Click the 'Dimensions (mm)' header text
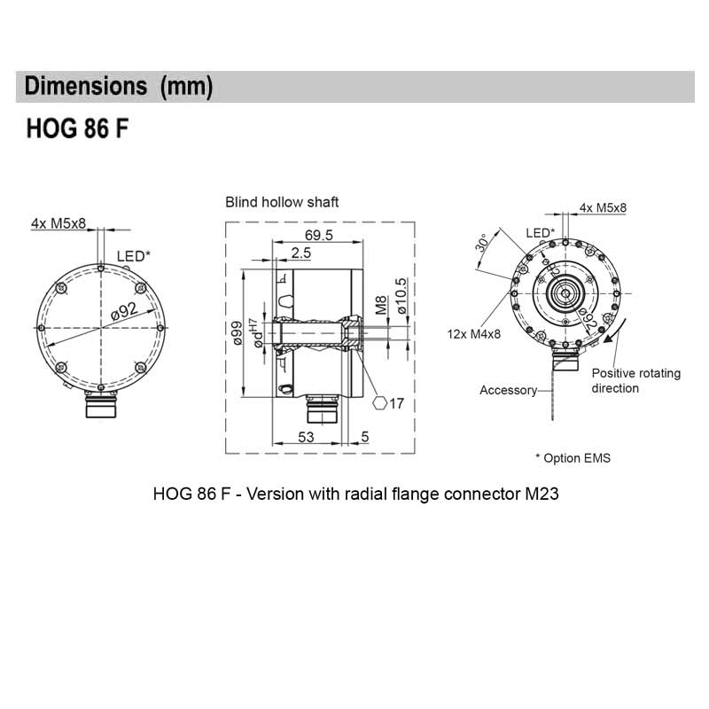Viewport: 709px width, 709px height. (x=119, y=87)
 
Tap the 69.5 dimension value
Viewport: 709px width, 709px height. (x=318, y=236)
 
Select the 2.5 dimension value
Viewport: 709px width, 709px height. (x=300, y=254)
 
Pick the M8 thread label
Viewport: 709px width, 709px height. (x=381, y=307)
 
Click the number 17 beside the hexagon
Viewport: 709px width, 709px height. (x=396, y=403)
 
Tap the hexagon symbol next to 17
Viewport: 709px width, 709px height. (x=379, y=403)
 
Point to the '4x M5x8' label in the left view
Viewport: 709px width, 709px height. (x=58, y=223)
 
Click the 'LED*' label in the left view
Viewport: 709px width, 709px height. (x=134, y=257)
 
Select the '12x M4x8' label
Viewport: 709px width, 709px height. (x=475, y=334)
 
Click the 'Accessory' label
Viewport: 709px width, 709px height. (x=508, y=390)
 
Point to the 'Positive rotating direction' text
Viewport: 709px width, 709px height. (x=635, y=380)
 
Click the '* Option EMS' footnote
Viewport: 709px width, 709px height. (x=573, y=458)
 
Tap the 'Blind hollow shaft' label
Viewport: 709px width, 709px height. (x=282, y=202)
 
